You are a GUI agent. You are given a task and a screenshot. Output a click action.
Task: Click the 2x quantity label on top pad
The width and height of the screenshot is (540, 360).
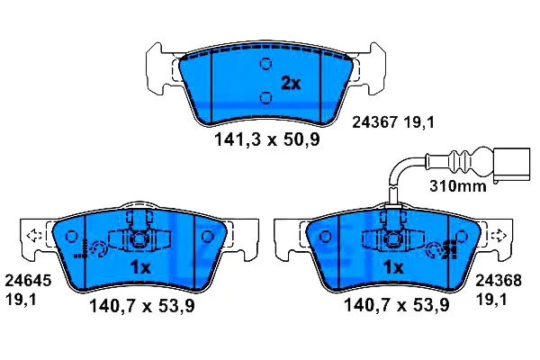click(291, 84)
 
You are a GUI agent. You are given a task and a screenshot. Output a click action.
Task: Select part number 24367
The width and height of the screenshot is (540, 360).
click(375, 122)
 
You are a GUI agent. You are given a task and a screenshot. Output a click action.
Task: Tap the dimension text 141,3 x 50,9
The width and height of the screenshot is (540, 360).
click(267, 139)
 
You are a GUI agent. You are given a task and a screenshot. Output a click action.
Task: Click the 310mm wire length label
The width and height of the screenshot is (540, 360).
click(458, 186)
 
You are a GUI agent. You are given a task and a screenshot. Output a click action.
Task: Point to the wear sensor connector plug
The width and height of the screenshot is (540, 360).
click(512, 166)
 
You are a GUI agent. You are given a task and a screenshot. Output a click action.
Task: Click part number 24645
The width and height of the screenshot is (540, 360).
click(28, 281)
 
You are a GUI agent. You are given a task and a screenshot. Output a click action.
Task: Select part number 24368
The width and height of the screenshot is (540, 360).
click(499, 281)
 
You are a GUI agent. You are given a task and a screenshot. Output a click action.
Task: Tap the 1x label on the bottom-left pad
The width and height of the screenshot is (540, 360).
click(140, 267)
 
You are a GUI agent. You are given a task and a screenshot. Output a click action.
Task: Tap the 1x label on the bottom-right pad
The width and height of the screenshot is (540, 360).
click(393, 267)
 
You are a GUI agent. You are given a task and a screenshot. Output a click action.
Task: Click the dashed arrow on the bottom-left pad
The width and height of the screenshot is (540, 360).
click(34, 236)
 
